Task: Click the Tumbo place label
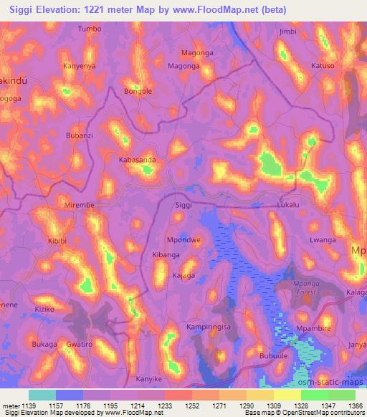point(90,29)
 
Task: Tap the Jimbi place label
point(287,32)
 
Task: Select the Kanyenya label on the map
point(79,67)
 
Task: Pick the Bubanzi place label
point(80,135)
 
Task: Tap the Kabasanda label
point(137,160)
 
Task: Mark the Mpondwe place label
point(183,240)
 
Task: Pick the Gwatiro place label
point(80,345)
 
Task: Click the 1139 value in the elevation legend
point(28,405)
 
